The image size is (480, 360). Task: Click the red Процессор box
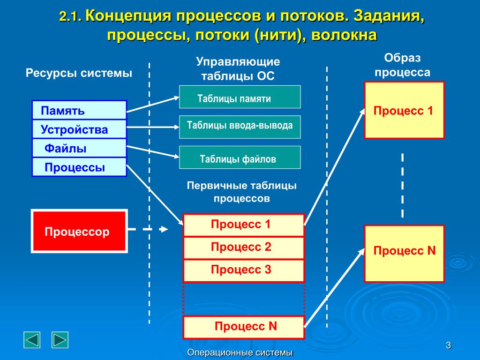pyautogui.click(x=79, y=232)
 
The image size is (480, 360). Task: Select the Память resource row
pyautogui.click(x=79, y=111)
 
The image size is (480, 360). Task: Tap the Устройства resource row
pyautogui.click(x=79, y=129)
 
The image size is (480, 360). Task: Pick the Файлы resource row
pyautogui.click(x=79, y=149)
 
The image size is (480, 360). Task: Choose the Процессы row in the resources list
pyautogui.click(x=79, y=167)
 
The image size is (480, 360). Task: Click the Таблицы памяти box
pyautogui.click(x=240, y=97)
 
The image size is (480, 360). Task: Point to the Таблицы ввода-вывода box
pyautogui.click(x=240, y=127)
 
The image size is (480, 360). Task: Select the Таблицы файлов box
pyautogui.click(x=240, y=157)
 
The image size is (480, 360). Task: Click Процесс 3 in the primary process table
pyautogui.click(x=243, y=270)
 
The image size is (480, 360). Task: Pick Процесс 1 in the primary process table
pyautogui.click(x=243, y=225)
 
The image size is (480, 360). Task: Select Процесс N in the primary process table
pyautogui.click(x=243, y=327)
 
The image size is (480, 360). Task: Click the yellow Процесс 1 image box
pyautogui.click(x=404, y=110)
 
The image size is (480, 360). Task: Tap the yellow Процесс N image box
pyautogui.click(x=404, y=253)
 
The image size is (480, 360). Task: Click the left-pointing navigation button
pyautogui.click(x=32, y=340)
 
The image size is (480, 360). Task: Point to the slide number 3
pyautogui.click(x=448, y=346)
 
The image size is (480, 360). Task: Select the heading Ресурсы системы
pyautogui.click(x=79, y=74)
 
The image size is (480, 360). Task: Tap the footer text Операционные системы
pyautogui.click(x=240, y=352)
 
